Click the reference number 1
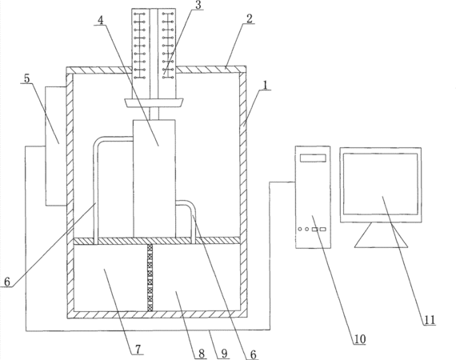point(265,86)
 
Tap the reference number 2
point(250,18)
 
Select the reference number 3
point(198,5)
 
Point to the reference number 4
point(101,20)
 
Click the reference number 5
point(26,78)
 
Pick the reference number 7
point(138,349)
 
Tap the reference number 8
point(202,354)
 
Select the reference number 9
point(224,354)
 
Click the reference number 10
point(360,339)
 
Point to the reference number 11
point(430,320)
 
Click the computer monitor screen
point(380,184)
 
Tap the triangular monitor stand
point(381,235)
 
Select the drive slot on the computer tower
point(313,158)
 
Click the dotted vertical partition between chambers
point(150,278)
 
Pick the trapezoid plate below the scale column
point(154,103)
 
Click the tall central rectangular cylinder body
point(154,178)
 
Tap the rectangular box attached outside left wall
point(56,146)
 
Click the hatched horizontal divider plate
point(157,241)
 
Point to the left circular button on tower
point(300,229)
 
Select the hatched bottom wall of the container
point(157,314)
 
